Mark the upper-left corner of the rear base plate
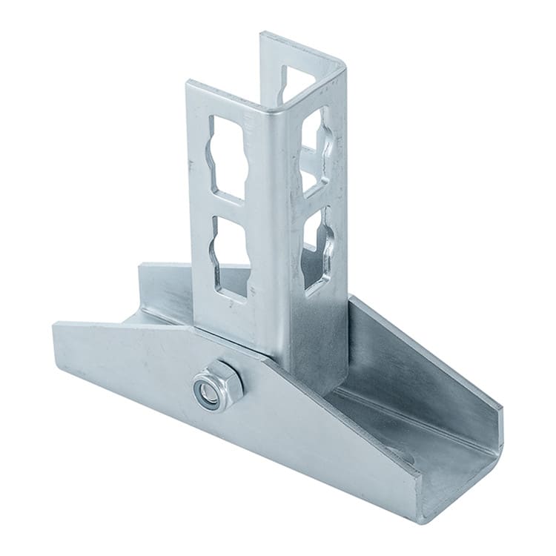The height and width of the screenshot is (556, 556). pyautogui.click(x=142, y=265)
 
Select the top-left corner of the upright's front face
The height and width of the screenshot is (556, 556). pyautogui.click(x=188, y=84)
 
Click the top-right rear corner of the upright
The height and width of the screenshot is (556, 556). pyautogui.click(x=344, y=65)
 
